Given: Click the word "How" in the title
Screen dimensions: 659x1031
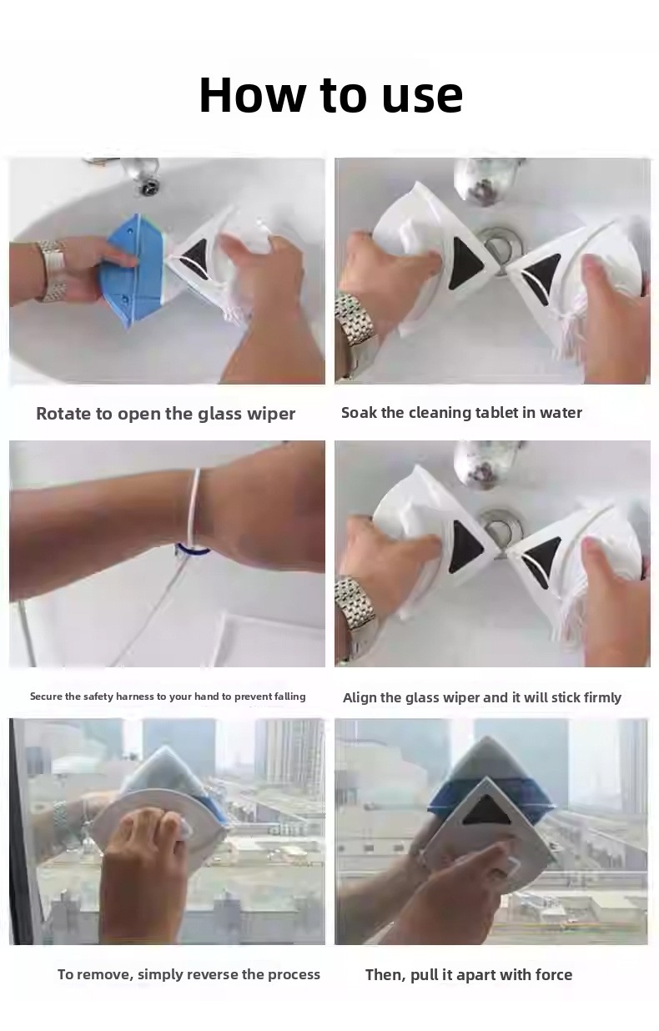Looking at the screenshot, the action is [x=252, y=95].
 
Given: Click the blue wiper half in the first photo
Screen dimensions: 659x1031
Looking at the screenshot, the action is [x=132, y=270].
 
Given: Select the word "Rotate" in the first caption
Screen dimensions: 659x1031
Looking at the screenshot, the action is [x=64, y=414].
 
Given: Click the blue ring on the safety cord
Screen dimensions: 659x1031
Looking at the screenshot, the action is [x=192, y=550].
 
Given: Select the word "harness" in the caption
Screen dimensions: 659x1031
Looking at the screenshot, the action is [x=135, y=697].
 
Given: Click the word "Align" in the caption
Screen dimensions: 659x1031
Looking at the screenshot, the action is [x=358, y=698].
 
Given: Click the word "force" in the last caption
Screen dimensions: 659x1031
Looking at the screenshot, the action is [x=554, y=974].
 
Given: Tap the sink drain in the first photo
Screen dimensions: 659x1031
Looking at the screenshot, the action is [x=149, y=188].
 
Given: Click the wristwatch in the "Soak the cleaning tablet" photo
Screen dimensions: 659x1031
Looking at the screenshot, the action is [x=355, y=319].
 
